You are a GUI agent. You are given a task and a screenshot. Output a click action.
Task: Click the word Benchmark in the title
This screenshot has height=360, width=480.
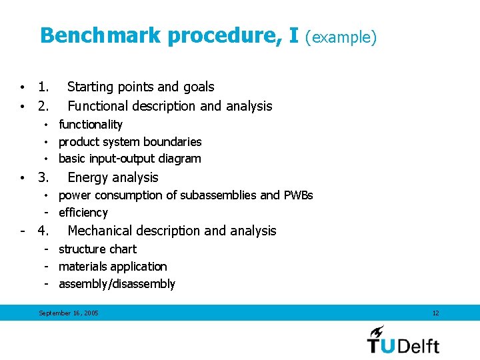pos(100,35)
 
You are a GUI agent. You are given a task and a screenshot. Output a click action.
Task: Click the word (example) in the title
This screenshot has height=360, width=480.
pos(341,37)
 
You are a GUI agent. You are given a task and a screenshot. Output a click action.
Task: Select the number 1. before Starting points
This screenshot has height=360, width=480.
pos(43,87)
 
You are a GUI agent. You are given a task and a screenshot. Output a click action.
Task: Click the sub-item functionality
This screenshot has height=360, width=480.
pos(91,125)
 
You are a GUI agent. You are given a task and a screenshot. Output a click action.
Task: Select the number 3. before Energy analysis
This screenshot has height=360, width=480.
pos(43,177)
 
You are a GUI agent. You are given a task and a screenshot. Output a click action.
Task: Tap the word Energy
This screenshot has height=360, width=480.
pos(89,177)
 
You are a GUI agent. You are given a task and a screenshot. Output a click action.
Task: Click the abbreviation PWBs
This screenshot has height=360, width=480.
pos(298,195)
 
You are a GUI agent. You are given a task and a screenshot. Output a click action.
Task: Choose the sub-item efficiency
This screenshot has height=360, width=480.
pos(83,213)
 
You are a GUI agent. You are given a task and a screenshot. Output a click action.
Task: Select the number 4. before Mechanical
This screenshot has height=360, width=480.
pos(43,231)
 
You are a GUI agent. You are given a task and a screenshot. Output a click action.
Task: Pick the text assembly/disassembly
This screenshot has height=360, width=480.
pos(117,284)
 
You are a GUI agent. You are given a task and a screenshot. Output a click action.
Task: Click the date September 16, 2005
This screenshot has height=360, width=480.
pos(68,313)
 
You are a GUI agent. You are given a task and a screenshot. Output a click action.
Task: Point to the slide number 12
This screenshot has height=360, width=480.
pos(435,313)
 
